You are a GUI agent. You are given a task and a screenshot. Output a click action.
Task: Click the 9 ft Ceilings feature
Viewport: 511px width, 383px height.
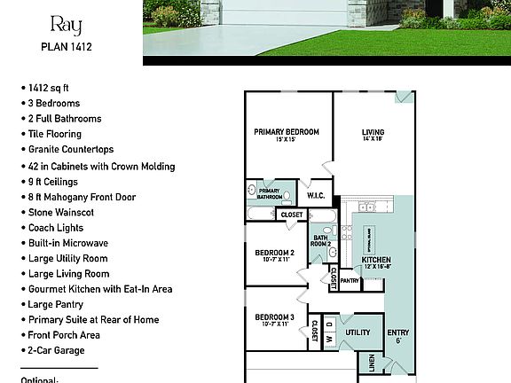(55, 182)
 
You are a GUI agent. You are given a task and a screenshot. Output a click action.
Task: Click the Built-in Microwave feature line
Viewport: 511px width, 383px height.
(68, 242)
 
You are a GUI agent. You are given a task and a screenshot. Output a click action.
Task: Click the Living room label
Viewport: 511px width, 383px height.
(372, 132)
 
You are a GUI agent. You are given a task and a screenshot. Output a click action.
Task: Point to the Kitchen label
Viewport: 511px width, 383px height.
(376, 261)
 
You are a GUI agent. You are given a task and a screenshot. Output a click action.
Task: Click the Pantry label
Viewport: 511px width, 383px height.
(350, 281)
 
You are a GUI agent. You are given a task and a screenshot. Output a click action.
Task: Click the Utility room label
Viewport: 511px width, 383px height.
(358, 332)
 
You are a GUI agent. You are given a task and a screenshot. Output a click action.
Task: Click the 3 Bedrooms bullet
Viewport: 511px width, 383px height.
(54, 104)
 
